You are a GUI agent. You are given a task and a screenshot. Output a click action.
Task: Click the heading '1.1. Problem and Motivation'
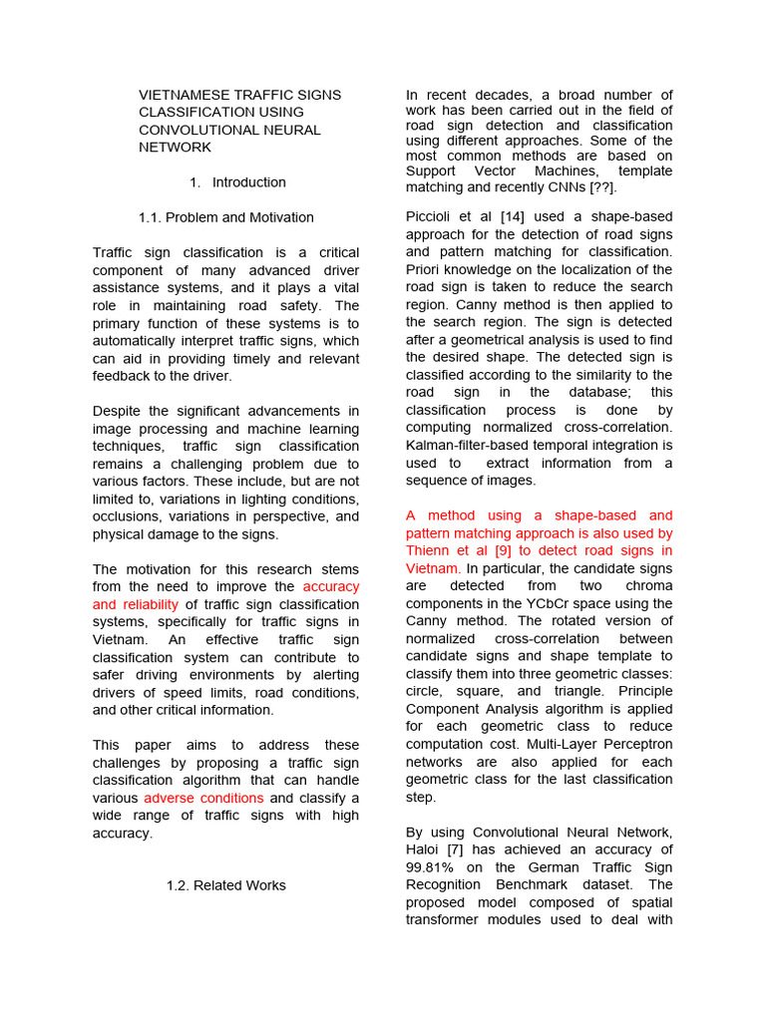pos(226,217)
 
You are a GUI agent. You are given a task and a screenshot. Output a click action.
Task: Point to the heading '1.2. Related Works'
pos(225,885)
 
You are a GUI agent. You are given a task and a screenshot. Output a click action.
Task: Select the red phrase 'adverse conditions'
pos(204,798)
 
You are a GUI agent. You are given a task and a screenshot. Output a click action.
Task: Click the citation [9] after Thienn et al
pos(505,550)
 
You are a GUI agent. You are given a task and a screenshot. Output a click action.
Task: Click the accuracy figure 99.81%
pos(433,867)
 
